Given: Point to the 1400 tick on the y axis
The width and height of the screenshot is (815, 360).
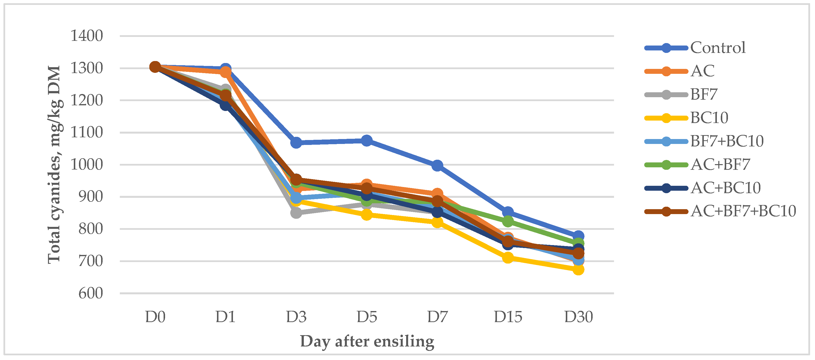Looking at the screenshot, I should pyautogui.click(x=86, y=36).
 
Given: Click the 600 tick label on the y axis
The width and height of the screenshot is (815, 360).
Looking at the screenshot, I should pyautogui.click(x=91, y=293).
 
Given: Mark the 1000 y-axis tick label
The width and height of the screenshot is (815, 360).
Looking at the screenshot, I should pyautogui.click(x=86, y=165).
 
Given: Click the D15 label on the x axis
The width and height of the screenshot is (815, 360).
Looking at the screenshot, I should pyautogui.click(x=508, y=317).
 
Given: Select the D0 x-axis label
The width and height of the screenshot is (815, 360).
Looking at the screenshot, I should pyautogui.click(x=155, y=317).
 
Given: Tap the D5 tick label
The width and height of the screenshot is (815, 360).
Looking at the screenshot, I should pyautogui.click(x=367, y=317).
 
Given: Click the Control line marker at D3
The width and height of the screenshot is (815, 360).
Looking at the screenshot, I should pyautogui.click(x=296, y=143).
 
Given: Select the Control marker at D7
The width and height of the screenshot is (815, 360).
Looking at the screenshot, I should pyautogui.click(x=437, y=165).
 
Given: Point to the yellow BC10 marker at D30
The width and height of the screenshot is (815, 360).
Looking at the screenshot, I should pyautogui.click(x=578, y=269).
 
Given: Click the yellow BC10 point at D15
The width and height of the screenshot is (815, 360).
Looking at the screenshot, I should pyautogui.click(x=508, y=258).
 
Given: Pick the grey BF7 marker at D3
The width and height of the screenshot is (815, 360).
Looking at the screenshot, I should pyautogui.click(x=296, y=213).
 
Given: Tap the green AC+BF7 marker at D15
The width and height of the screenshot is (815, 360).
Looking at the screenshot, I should pyautogui.click(x=508, y=221).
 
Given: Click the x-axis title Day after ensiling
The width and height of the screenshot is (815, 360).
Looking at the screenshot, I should pyautogui.click(x=367, y=341).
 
